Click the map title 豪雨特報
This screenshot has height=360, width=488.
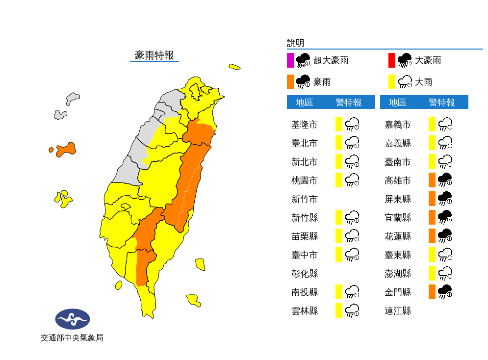(154, 55)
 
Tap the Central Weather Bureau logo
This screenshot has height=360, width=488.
(73, 319)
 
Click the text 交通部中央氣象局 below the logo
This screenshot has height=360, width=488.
(72, 338)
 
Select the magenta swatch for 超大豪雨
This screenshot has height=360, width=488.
(290, 60)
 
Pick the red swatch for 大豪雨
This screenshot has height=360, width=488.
(391, 60)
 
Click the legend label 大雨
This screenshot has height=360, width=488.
(424, 82)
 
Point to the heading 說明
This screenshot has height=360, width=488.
(296, 43)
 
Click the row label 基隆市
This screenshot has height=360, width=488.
(304, 125)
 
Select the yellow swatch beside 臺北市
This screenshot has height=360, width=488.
(339, 143)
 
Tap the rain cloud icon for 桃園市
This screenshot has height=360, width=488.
(352, 180)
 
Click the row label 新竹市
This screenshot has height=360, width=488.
(304, 199)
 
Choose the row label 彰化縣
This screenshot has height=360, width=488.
(304, 274)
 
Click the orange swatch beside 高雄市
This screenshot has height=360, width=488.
(432, 180)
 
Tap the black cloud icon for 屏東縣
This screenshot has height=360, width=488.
(445, 199)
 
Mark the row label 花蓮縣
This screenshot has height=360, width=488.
(398, 236)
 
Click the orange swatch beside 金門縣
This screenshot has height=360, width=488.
(432, 292)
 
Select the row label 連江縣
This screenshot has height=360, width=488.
(398, 311)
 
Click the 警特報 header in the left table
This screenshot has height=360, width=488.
(349, 103)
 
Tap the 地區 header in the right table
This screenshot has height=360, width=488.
(398, 103)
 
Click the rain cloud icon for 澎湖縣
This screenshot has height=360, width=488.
(445, 273)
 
